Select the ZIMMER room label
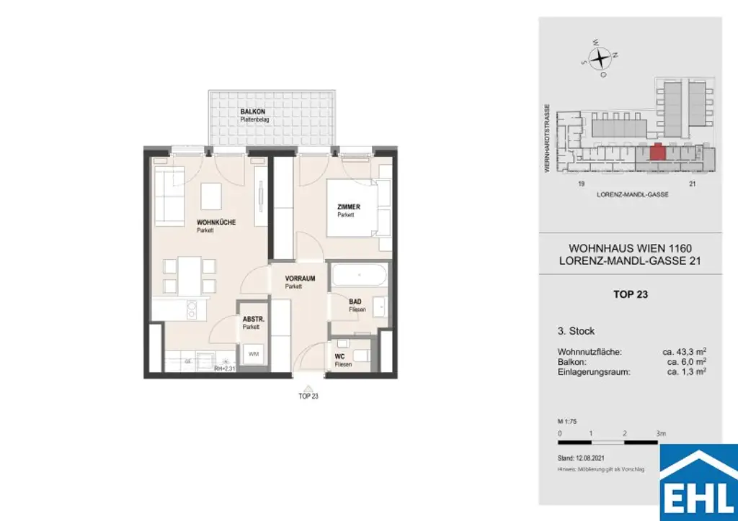click(348, 207)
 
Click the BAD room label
click(355, 302)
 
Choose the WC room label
click(339, 357)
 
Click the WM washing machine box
click(253, 353)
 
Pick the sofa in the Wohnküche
click(169, 196)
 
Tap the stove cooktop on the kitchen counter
click(193, 311)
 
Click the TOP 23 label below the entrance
click(308, 397)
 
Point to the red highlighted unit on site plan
click(657, 152)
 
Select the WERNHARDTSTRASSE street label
click(548, 137)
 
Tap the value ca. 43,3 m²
click(684, 351)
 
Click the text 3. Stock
click(577, 331)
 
